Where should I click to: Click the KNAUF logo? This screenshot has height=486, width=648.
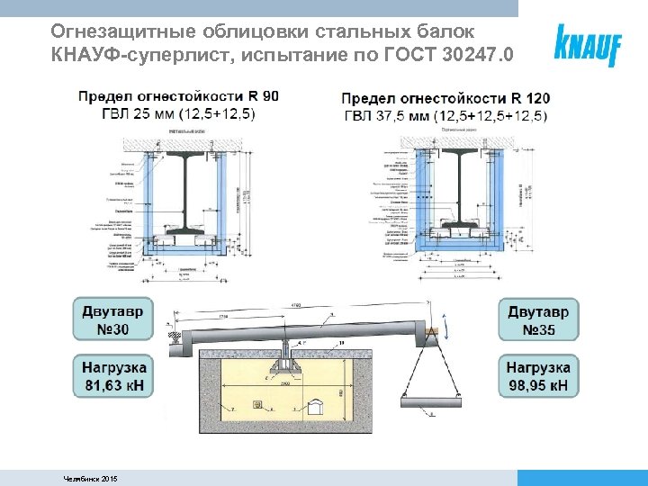tap(589, 44)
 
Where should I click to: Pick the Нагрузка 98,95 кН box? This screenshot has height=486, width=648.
tap(538, 376)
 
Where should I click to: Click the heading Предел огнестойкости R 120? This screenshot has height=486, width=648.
tap(446, 98)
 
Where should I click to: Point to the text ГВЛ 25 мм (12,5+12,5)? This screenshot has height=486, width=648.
tap(166, 113)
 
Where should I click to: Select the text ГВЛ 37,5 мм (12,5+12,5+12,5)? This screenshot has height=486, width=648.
tap(446, 115)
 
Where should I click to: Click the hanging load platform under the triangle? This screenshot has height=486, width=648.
tap(428, 396)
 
